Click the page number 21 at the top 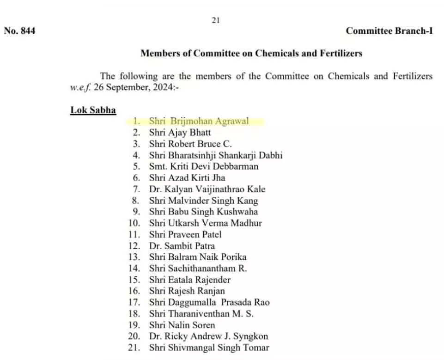coord(216,20)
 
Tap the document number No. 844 coord(19,31)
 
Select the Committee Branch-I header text coord(389,31)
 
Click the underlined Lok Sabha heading coord(93,110)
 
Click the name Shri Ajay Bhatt coord(180,133)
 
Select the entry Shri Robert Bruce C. coord(190,144)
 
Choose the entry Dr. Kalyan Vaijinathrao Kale coord(207,189)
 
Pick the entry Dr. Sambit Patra coord(182,246)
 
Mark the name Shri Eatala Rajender coord(189,280)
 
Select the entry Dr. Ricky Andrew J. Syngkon coord(208,336)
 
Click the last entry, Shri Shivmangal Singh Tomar coord(209,348)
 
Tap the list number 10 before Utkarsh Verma coord(134,223)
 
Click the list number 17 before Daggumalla coord(134,302)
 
